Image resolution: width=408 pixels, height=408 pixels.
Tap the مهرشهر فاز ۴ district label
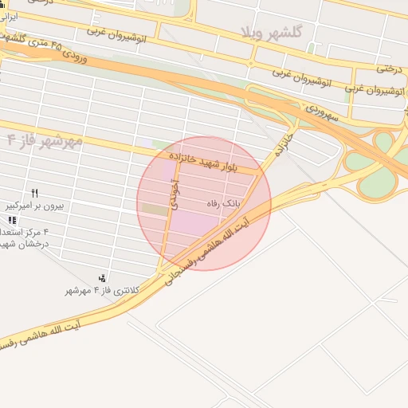pos(44,140)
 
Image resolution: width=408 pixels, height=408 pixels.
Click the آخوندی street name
pos(175,194)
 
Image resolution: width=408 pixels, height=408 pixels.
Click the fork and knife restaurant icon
pos(34,193)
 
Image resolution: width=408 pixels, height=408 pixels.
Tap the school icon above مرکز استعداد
pos(11,220)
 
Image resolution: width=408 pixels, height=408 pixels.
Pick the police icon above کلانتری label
pos(102,278)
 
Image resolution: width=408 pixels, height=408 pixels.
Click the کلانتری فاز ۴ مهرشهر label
pos(102,291)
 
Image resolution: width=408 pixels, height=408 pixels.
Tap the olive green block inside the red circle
pos(152,210)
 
